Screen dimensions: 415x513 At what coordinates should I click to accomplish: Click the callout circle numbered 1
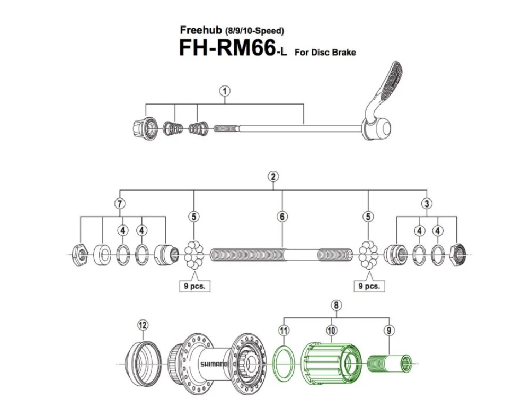pyautogui.click(x=225, y=91)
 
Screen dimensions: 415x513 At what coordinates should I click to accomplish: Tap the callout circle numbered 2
pyautogui.click(x=273, y=177)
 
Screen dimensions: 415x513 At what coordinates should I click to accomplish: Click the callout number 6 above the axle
pyautogui.click(x=282, y=217)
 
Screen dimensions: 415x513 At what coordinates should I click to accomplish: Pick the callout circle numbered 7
pyautogui.click(x=121, y=203)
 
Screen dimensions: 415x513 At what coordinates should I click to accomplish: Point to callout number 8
pyautogui.click(x=334, y=305)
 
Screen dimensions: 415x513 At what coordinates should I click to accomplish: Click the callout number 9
pyautogui.click(x=389, y=331)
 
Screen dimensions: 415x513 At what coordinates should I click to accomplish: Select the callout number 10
pyautogui.click(x=331, y=331)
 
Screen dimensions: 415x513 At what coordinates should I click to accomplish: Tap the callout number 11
pyautogui.click(x=284, y=331)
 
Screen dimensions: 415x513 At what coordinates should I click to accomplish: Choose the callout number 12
pyautogui.click(x=143, y=325)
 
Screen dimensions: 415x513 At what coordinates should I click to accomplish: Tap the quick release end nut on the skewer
pyautogui.click(x=144, y=127)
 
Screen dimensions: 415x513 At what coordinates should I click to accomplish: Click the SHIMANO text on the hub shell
pyautogui.click(x=213, y=365)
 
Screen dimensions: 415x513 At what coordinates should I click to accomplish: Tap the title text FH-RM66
pyautogui.click(x=226, y=48)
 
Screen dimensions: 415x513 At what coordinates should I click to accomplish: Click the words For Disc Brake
pyautogui.click(x=325, y=52)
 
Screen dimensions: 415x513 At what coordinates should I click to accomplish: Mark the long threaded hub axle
pyautogui.click(x=281, y=254)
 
